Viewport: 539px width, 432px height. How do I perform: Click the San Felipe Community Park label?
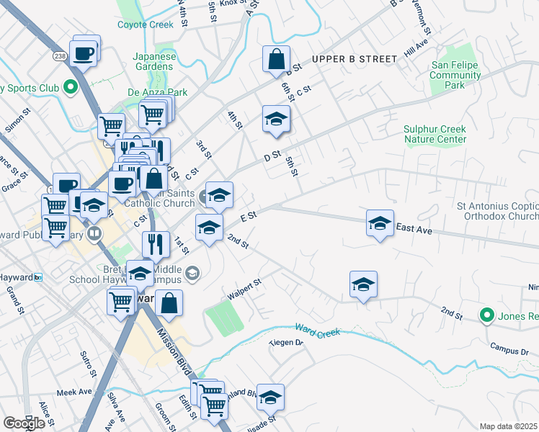(455, 75)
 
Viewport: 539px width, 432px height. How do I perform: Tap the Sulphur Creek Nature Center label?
(435, 134)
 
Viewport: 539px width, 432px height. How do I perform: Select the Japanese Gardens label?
(153, 61)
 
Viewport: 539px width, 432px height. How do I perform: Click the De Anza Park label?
(157, 92)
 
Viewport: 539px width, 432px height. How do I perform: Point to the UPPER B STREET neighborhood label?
(355, 58)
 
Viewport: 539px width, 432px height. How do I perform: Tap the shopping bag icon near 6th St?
(276, 60)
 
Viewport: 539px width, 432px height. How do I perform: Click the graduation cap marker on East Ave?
(380, 222)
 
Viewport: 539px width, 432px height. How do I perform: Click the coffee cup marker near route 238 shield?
(84, 53)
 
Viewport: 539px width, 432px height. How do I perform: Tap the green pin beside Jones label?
(487, 315)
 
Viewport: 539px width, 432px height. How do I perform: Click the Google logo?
(24, 423)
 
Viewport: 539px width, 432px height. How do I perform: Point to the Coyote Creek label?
(146, 24)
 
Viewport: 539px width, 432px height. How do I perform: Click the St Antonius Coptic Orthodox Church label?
(497, 211)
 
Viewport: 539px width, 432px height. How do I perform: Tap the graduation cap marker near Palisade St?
(270, 397)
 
